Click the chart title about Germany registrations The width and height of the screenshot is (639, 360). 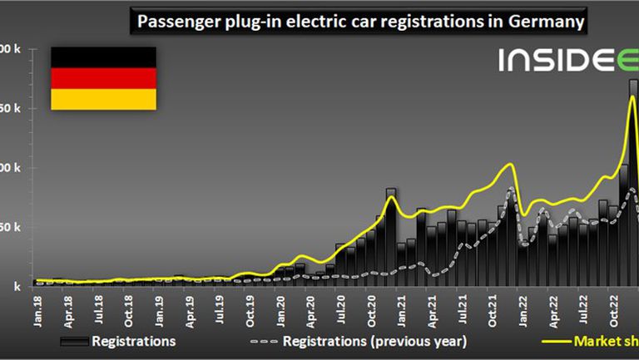click(x=358, y=20)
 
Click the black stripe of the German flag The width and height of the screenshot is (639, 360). click(x=103, y=57)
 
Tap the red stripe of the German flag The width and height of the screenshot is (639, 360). click(x=103, y=78)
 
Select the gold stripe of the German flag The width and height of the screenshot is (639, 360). click(x=103, y=99)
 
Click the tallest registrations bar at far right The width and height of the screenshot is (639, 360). click(x=633, y=166)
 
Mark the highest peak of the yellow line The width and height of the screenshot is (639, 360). click(x=632, y=97)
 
